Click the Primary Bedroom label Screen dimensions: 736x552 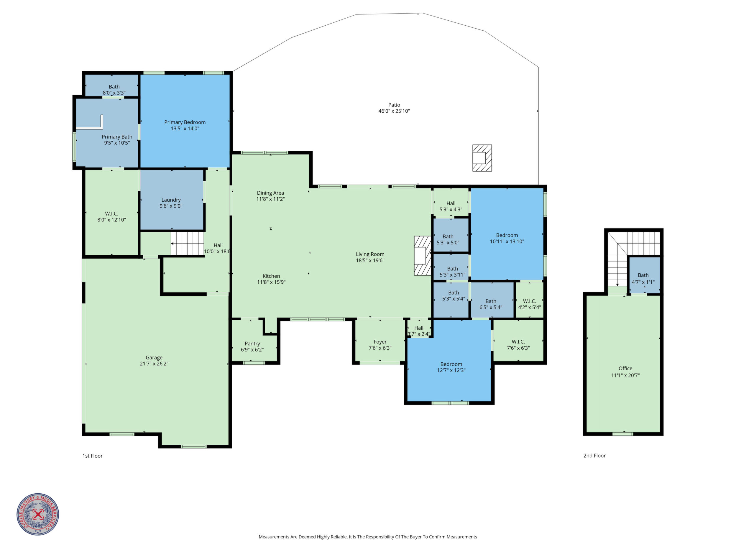point(185,122)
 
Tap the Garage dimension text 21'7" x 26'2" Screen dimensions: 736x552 point(154,364)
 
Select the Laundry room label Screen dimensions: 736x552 point(171,200)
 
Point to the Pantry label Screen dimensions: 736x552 point(252,343)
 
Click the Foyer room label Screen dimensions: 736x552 point(380,342)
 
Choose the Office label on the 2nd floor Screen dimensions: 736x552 point(625,368)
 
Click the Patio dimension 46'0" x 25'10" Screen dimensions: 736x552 point(394,111)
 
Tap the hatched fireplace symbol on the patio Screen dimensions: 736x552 point(482,158)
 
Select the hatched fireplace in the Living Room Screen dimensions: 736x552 point(423,256)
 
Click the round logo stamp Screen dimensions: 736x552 point(38,514)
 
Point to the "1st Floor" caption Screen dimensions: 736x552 point(93,456)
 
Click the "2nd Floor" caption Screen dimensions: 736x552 point(594,456)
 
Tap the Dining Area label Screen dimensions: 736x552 point(270,193)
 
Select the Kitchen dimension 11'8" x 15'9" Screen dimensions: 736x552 point(271,282)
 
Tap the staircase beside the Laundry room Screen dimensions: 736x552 point(187,244)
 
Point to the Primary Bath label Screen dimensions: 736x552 point(117,137)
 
